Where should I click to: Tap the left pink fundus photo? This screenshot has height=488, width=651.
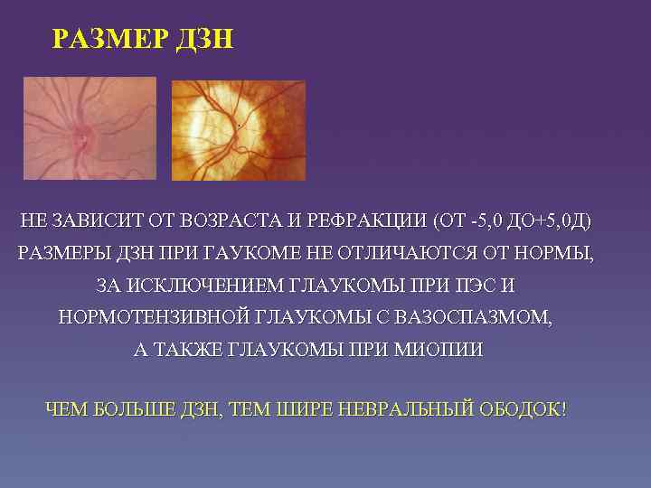90,128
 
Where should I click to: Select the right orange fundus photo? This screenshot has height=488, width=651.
238,131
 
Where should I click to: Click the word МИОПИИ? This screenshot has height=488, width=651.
439,351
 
